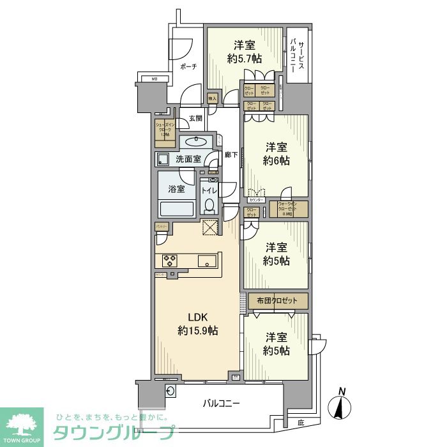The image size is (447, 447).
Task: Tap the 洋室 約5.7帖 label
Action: coord(244,52)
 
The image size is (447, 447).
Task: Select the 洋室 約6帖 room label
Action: coord(276,154)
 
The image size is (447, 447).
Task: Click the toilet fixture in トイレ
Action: coord(209,204)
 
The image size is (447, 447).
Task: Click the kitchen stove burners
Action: coord(170,260)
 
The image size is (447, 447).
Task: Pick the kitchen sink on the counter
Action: coord(208,260)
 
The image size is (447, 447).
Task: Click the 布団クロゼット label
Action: coord(277,300)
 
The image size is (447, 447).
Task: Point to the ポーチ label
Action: coord(188,66)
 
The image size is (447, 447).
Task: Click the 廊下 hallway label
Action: coord(231,154)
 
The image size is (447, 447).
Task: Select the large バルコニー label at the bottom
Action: coord(222,403)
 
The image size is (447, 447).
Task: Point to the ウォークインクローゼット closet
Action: coord(288,209)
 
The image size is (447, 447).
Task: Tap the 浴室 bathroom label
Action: coord(176,189)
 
